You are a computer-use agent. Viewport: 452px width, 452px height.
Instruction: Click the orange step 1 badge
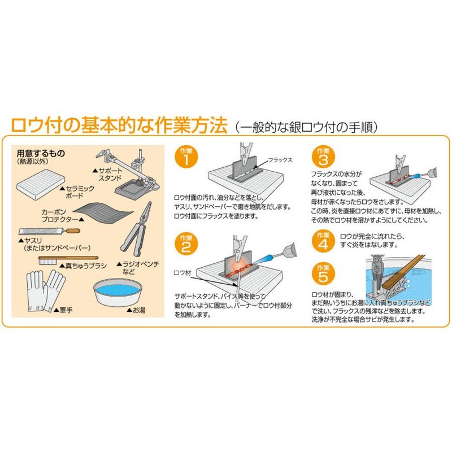coord(186,158)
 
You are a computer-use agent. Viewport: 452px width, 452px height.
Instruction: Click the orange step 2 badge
coord(186,244)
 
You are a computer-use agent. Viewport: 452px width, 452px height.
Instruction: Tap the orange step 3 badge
coord(323,157)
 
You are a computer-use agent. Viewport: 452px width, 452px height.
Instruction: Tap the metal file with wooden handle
coord(45,232)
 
